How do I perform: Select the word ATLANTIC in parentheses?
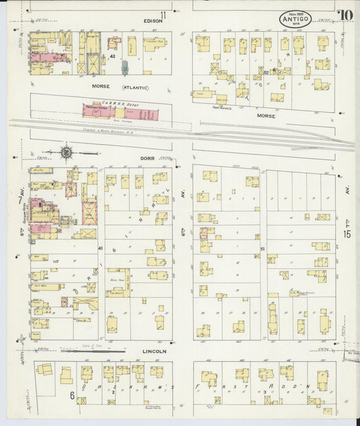point(135,88)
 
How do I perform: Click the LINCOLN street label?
point(154,352)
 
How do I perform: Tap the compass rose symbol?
point(66,153)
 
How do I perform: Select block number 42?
point(113,57)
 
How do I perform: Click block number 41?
point(100,248)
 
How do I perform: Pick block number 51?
point(262,248)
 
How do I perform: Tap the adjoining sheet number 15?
point(346,234)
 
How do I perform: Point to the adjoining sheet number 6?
point(71,396)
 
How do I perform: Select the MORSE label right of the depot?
point(266,115)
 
